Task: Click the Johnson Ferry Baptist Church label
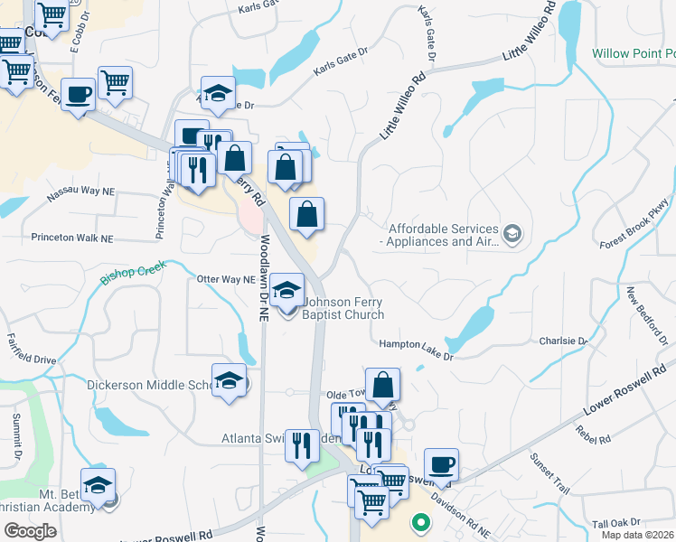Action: (343, 309)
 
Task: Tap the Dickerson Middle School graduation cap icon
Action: (230, 380)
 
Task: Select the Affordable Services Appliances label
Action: (443, 235)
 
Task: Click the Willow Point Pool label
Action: (633, 54)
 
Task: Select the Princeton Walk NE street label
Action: (71, 238)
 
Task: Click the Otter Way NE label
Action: (226, 280)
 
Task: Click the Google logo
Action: (29, 531)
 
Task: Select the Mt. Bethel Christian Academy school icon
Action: (98, 486)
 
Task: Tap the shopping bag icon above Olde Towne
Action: (383, 385)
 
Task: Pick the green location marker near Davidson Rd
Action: (419, 521)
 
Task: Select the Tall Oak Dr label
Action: (615, 522)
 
